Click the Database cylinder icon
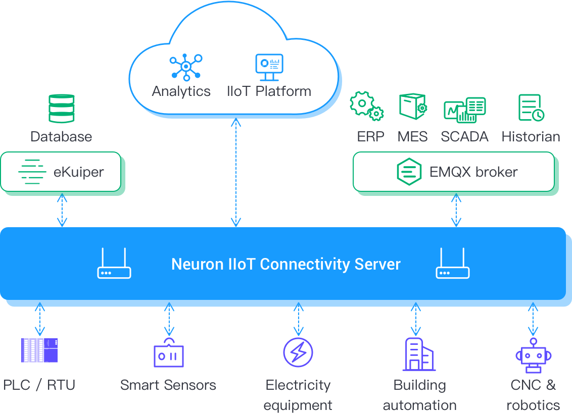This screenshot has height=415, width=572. click(x=61, y=108)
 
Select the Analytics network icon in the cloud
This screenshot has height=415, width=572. click(x=185, y=67)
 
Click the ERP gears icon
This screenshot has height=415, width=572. click(x=366, y=106)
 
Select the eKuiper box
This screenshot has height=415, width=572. click(x=61, y=172)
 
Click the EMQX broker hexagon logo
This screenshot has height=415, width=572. click(x=409, y=172)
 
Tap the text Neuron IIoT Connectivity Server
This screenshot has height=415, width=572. click(x=286, y=264)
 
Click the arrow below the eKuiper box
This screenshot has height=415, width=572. click(x=62, y=210)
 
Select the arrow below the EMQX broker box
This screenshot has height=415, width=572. click(x=456, y=210)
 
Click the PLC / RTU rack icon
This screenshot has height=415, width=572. click(x=39, y=350)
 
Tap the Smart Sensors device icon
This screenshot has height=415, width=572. click(x=169, y=353)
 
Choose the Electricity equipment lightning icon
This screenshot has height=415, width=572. click(x=298, y=352)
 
